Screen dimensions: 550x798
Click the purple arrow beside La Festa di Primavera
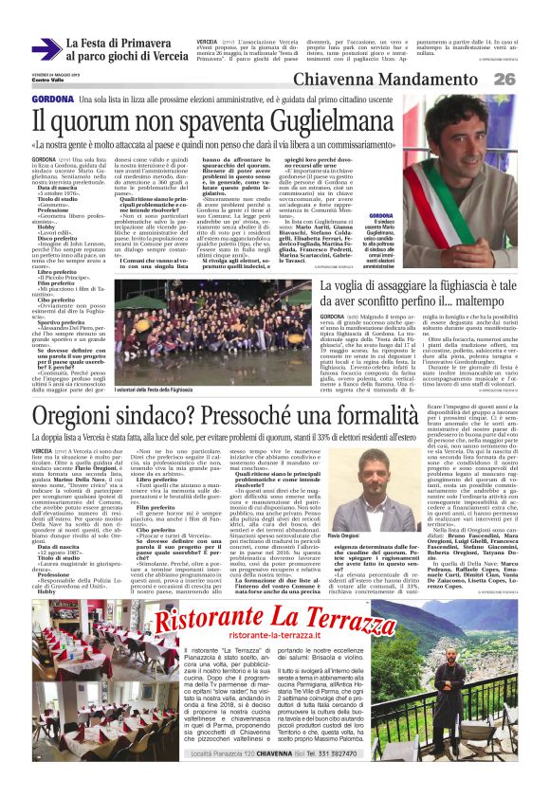45,49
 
